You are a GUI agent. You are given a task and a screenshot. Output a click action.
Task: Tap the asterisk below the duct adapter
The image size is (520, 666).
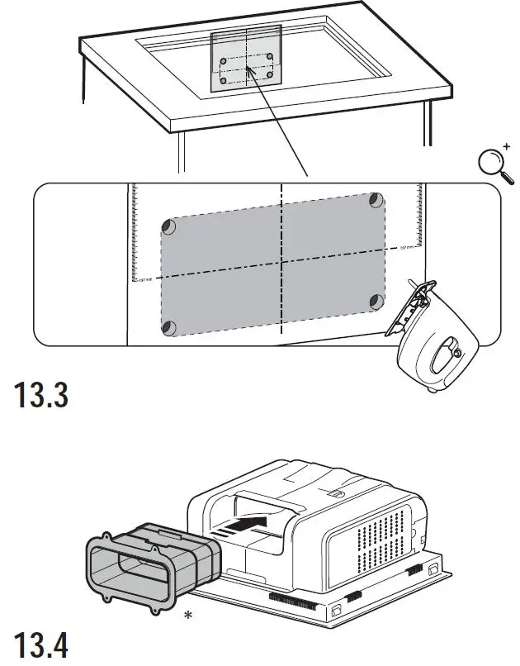189,616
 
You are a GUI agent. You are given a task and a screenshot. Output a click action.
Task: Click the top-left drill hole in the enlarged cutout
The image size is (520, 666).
168,226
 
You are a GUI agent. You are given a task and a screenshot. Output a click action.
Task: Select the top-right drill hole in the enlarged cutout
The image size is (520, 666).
376,200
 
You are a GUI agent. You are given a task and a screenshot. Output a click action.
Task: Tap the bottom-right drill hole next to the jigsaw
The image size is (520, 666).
376,301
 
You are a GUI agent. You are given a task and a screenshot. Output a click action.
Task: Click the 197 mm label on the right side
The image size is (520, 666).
405,248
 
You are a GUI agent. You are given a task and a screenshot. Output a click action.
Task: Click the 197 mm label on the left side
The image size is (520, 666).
144,278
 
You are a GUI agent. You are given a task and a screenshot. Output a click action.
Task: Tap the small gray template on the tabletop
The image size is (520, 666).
247,59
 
